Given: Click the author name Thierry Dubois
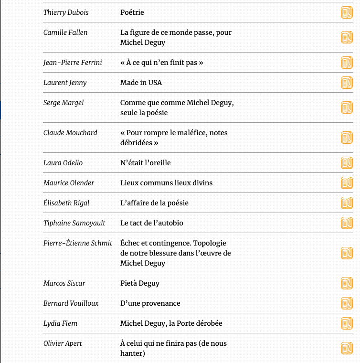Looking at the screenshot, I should (x=66, y=12).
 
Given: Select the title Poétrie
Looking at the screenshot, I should (x=132, y=12).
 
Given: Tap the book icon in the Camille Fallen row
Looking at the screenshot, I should (x=347, y=37).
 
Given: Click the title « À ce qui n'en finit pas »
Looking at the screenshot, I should (x=162, y=63).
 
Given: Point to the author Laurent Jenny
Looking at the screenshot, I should (x=65, y=83).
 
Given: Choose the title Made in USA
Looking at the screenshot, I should (x=141, y=83).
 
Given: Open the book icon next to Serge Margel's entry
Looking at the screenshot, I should (x=347, y=107).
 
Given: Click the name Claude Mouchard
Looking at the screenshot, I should (x=70, y=133).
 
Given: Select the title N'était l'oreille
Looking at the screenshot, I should (x=145, y=163).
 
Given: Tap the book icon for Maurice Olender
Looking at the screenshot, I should (x=347, y=183).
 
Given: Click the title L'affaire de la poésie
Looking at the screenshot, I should (x=154, y=203).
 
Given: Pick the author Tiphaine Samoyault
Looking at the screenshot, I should (x=74, y=223).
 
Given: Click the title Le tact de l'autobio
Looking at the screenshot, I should (x=151, y=223).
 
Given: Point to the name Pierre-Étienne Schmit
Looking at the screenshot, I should (x=78, y=243).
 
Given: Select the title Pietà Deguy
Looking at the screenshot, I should (x=140, y=283).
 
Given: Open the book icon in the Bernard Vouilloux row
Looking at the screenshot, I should (x=347, y=303).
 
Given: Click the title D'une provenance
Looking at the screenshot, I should (x=150, y=303).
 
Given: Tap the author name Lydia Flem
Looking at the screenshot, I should (x=60, y=323).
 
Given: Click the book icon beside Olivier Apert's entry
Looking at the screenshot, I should (x=347, y=348).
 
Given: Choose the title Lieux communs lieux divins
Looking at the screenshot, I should (x=166, y=183).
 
